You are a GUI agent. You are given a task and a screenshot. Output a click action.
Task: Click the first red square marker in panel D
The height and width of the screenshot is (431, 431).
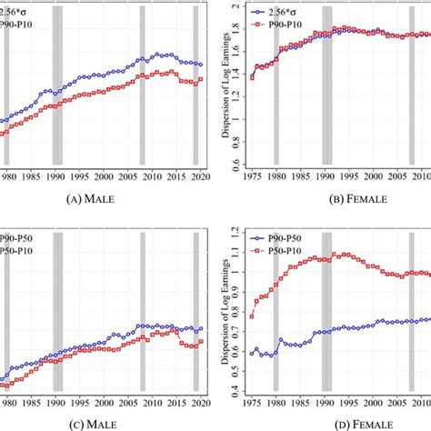(x=252, y=316)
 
